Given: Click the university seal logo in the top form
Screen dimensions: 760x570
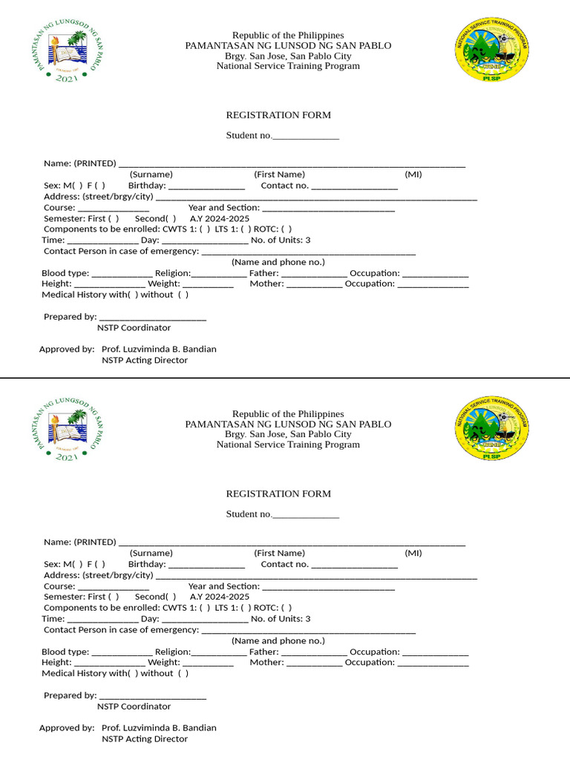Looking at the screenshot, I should tap(66, 51).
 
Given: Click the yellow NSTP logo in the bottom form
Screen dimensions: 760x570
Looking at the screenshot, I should tap(491, 429).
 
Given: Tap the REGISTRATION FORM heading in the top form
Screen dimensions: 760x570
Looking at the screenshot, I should tap(278, 115).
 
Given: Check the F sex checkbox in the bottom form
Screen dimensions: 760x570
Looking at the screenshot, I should tap(99, 564).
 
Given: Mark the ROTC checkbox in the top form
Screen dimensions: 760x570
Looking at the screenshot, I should tap(286, 229).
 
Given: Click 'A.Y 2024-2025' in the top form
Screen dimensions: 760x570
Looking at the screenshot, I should tap(220, 219).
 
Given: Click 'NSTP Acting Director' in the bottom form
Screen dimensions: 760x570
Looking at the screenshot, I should tap(145, 738).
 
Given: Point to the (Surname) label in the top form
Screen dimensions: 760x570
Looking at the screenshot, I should tap(151, 174).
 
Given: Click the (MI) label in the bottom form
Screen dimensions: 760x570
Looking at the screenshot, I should tap(413, 553).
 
